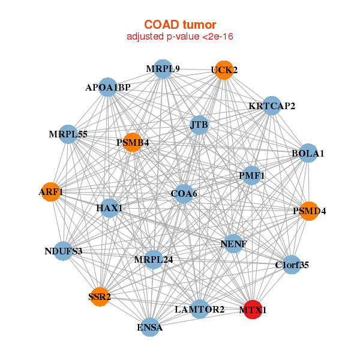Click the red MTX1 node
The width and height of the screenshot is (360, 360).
coord(253,310)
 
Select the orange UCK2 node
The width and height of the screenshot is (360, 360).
coord(224,70)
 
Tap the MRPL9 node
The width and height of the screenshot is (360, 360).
coord(163,69)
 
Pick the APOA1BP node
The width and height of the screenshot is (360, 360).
coord(107,88)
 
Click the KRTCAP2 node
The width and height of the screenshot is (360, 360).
coord(272,106)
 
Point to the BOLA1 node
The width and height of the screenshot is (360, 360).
coord(308,154)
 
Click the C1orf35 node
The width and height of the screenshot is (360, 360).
coord(292,265)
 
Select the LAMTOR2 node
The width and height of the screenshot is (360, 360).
coord(200,309)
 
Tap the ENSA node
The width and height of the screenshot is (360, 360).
coord(150,327)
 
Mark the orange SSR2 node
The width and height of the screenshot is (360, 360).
coord(100,296)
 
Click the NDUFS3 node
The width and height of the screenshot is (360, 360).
coord(64,251)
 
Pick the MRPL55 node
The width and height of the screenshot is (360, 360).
coord(68,134)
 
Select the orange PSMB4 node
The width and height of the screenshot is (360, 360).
coord(133,143)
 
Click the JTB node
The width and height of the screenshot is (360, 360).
coord(199,125)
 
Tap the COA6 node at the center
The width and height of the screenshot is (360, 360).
coord(184,194)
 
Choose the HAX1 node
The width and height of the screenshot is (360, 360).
coord(109,208)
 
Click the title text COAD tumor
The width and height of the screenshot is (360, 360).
coord(180,25)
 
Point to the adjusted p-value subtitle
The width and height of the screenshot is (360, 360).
coord(180,37)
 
